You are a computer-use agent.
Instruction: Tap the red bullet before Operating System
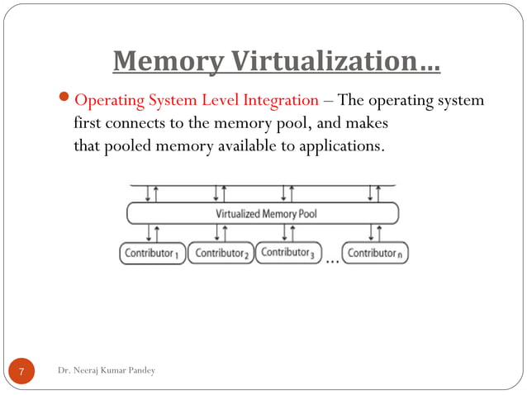(x=67, y=101)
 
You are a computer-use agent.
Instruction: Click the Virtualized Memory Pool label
(x=266, y=213)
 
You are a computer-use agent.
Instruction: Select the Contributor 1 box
(x=152, y=253)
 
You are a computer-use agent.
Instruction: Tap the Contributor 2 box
(x=221, y=253)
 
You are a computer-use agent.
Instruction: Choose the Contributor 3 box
(x=288, y=252)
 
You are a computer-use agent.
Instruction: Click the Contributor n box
(x=375, y=253)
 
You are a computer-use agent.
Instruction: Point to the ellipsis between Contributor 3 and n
(x=332, y=259)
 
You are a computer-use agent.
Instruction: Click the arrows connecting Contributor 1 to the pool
(x=152, y=233)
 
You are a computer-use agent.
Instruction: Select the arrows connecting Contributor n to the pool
(x=375, y=233)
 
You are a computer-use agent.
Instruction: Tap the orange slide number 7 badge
(x=22, y=371)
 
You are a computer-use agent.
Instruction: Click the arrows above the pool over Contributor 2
(x=221, y=193)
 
